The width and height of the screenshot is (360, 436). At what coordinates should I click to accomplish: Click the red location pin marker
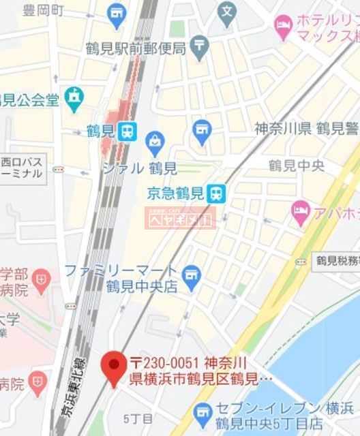112,366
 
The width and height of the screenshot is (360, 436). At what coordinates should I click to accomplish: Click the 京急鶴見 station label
177,193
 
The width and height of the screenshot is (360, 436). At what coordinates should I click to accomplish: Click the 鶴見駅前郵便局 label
136,48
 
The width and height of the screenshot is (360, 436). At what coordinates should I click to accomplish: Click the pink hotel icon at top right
283,25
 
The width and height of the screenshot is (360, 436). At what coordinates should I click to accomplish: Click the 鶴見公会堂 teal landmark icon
74,99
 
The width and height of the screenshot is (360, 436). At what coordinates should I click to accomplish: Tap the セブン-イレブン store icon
202,411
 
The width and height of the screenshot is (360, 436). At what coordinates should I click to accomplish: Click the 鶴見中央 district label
296,166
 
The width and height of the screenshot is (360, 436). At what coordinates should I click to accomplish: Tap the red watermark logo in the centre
180,217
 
